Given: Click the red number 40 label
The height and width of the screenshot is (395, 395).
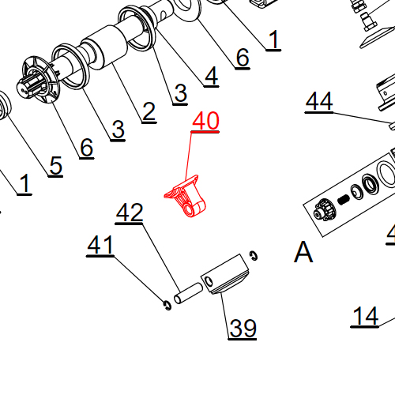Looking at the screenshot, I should pyautogui.click(x=206, y=122).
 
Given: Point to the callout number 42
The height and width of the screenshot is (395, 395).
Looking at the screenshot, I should pyautogui.click(x=130, y=213).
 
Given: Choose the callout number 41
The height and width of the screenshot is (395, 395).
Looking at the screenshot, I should pyautogui.click(x=100, y=246).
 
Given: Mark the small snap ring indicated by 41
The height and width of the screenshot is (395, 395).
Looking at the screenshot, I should pyautogui.click(x=166, y=304).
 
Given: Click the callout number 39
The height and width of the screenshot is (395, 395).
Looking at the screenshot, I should pyautogui.click(x=243, y=327).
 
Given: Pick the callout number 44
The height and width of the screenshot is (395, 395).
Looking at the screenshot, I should pyautogui.click(x=319, y=102).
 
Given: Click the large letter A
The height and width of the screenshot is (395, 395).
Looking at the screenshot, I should pyautogui.click(x=303, y=253).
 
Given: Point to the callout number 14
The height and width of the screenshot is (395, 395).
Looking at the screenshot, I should pyautogui.click(x=365, y=316).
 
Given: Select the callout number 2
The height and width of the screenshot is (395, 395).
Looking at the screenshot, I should pyautogui.click(x=149, y=112).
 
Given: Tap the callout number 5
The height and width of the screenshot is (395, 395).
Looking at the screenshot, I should pyautogui.click(x=55, y=165).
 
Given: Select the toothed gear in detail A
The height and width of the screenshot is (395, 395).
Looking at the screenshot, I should pyautogui.click(x=322, y=211).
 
